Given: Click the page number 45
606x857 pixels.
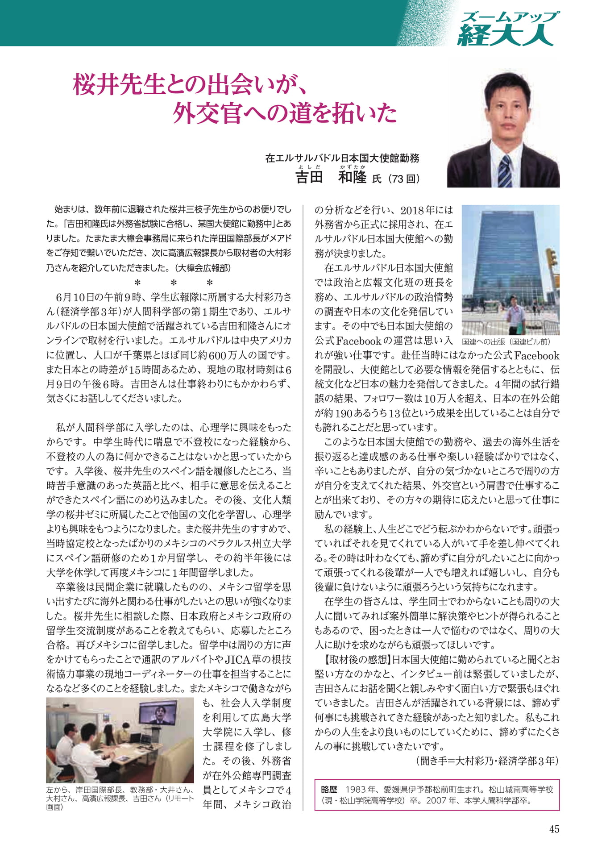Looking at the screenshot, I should coord(554,829).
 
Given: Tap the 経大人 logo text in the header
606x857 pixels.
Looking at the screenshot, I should coord(505,35).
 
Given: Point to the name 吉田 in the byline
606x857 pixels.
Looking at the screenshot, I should coord(309,178).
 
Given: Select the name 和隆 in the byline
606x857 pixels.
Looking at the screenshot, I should coord(352,178).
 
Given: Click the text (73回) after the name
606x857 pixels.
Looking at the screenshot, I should coord(404,179).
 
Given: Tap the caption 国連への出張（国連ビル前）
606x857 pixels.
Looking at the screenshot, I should coord(506,342).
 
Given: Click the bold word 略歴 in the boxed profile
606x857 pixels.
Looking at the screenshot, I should coord(329,790).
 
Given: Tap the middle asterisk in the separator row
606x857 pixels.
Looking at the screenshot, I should coord(174,283).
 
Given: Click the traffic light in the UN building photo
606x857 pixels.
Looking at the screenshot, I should coord(552,258).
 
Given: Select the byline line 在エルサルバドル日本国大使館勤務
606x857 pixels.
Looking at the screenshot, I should coord(342,158).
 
